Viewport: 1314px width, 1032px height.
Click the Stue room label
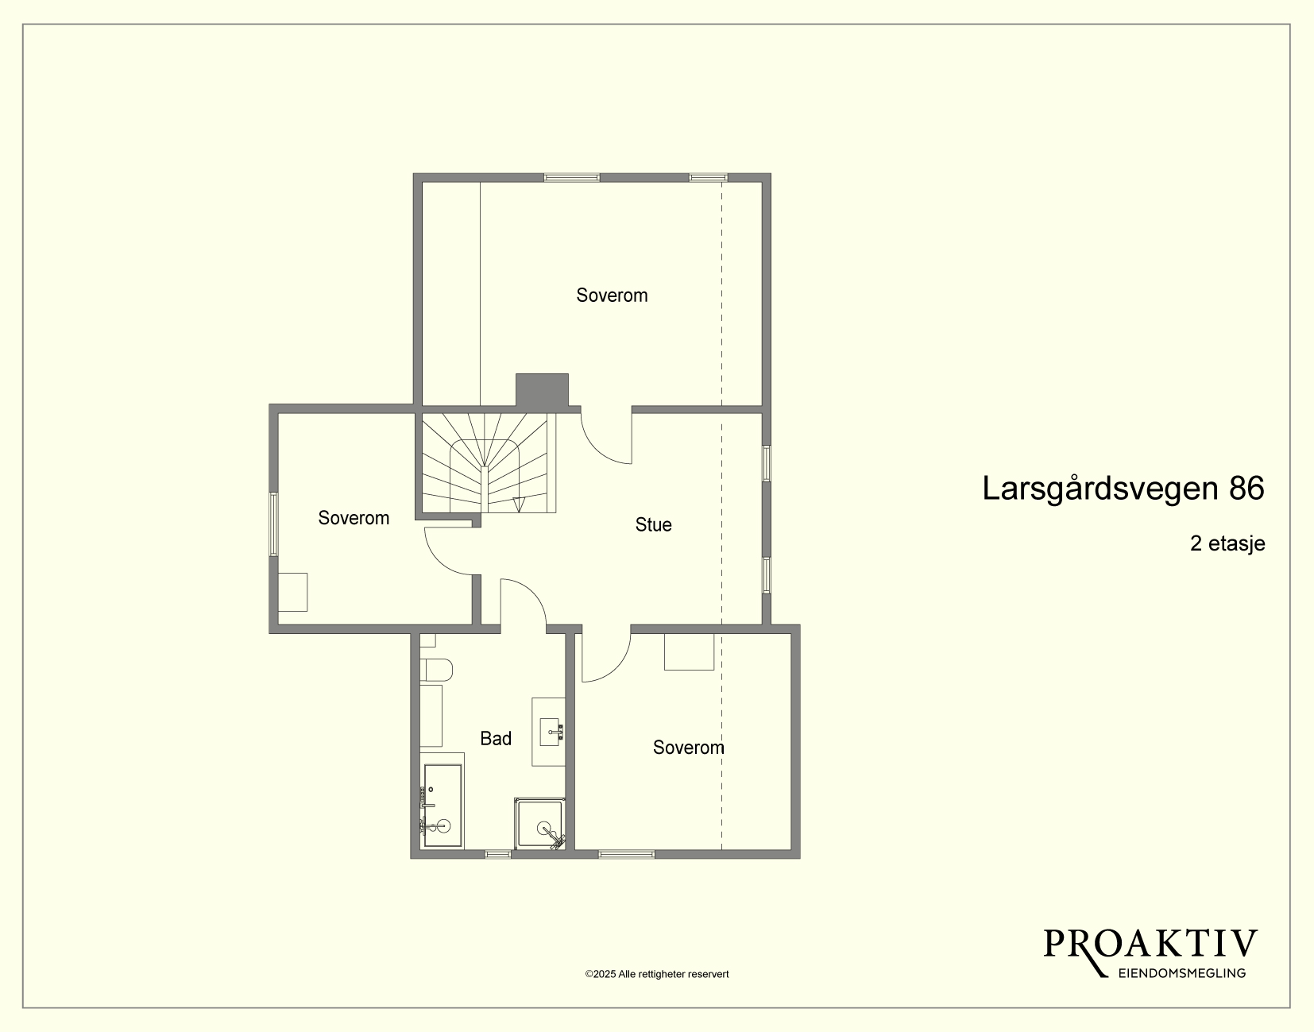653,524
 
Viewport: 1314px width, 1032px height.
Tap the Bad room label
496,738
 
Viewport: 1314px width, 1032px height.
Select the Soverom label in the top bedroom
612,295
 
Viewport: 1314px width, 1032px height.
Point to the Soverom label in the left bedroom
354,517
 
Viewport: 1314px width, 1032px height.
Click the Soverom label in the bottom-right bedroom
689,748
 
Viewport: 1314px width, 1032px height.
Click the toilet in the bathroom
436,670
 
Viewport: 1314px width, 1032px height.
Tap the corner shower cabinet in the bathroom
540,823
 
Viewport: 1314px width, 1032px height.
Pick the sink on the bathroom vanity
551,732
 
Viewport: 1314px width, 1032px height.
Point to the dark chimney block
542,390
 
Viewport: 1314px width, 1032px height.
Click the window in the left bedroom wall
273,524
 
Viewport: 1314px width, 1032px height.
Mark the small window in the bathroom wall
497,854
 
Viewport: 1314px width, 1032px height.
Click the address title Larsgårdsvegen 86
1123,488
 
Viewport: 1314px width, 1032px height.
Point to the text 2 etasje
1227,543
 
